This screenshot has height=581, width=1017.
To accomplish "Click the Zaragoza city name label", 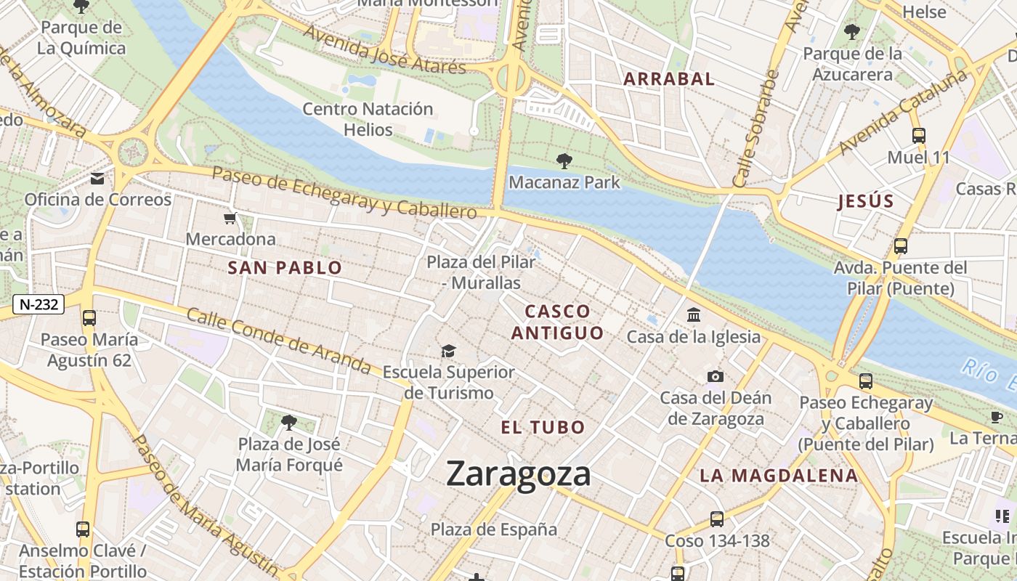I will [x=518, y=474].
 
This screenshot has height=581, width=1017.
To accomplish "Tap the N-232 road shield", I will [x=39, y=304].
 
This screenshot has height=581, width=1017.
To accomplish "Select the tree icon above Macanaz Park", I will [x=564, y=161].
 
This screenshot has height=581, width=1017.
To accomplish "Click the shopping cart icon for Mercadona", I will [x=230, y=218].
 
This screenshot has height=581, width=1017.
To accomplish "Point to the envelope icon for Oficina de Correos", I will [x=97, y=179].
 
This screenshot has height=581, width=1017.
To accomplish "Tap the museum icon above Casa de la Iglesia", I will [x=693, y=315].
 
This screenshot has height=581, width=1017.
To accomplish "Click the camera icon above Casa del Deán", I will [x=715, y=376].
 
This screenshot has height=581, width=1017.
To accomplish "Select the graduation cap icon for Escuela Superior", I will [x=448, y=352].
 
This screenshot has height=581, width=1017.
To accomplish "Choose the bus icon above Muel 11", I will [x=918, y=136].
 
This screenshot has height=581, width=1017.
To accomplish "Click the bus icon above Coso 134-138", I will [x=716, y=519].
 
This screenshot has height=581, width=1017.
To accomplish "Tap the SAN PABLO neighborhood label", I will [x=285, y=268].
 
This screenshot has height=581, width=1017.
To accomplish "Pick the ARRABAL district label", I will [x=669, y=79].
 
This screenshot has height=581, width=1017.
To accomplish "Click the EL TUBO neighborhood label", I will [x=543, y=427].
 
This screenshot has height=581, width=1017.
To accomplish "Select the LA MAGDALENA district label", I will [x=779, y=476].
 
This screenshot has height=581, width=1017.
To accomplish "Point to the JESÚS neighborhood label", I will [x=864, y=202].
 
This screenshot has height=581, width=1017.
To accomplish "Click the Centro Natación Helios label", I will [x=368, y=120].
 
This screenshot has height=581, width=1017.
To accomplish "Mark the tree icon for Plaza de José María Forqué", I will [x=289, y=422].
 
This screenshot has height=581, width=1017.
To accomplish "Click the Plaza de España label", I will [x=494, y=529].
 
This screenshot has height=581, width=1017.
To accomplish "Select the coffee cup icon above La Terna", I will [x=997, y=417].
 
